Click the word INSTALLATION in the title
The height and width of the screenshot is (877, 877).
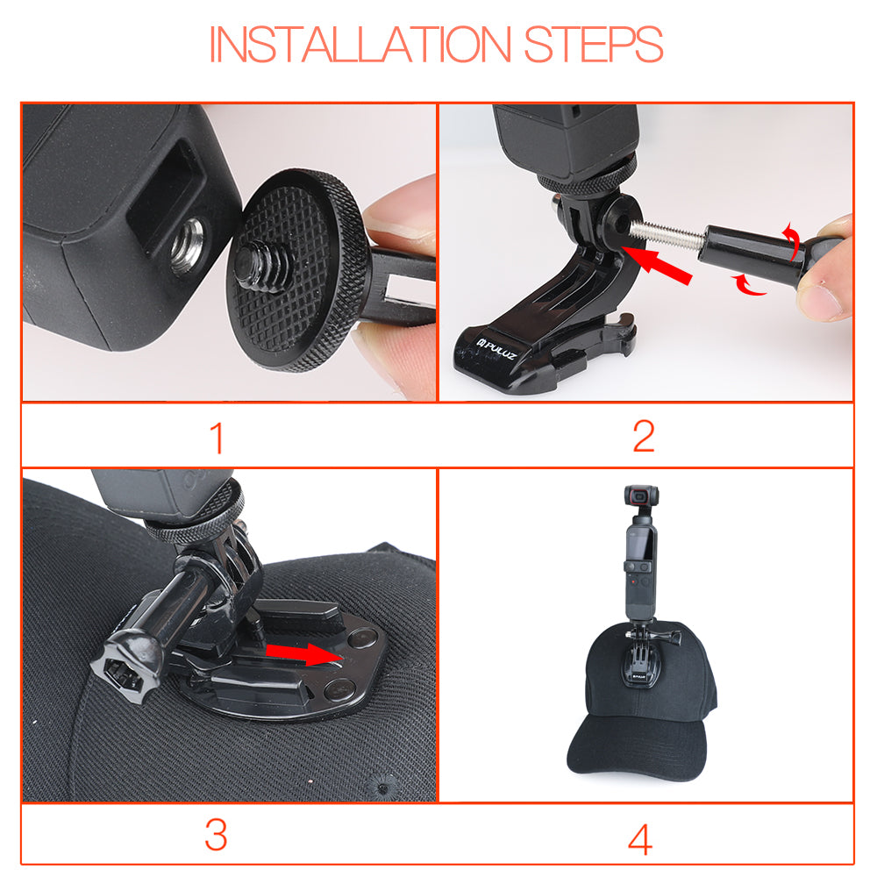coord(360,44)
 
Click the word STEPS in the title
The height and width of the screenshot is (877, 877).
coord(594,44)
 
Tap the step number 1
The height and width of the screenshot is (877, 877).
coord(217,438)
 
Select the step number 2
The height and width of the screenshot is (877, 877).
coord(644,436)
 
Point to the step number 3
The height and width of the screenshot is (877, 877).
coord(216,835)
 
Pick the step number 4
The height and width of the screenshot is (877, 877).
coord(640,839)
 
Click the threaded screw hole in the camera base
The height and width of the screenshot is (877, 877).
coord(188,246)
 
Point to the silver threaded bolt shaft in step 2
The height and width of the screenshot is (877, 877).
coord(667,234)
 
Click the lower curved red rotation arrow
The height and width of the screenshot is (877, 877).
coord(750,285)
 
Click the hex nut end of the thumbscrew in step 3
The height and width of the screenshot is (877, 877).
coord(125,667)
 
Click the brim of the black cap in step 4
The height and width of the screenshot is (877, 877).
coord(638,748)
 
